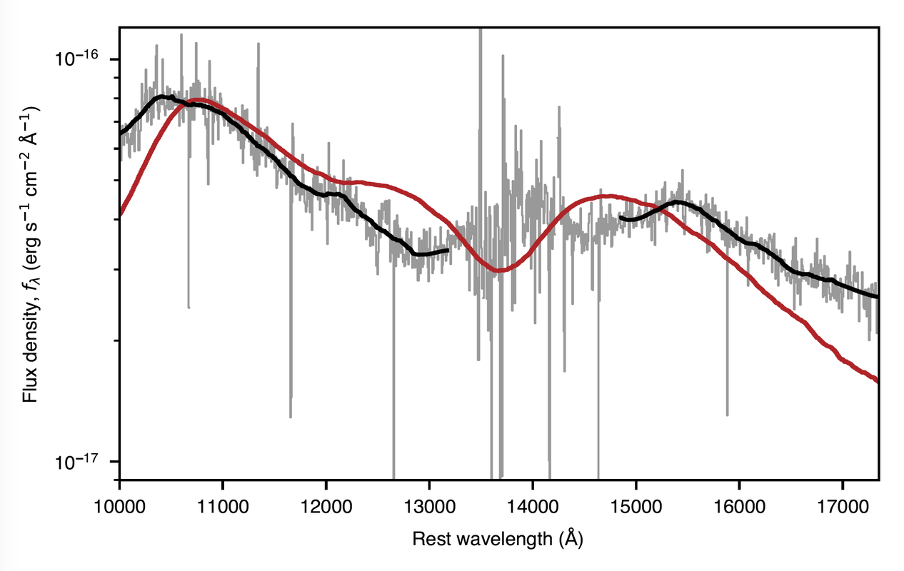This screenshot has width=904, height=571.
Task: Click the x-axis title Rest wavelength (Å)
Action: (498, 537)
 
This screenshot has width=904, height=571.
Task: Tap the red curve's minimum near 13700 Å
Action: (500, 271)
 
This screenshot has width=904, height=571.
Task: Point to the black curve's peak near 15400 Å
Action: (676, 203)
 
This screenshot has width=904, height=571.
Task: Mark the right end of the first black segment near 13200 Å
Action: (448, 250)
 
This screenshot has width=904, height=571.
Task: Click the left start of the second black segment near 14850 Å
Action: (621, 217)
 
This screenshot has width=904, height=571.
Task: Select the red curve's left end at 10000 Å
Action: (120, 213)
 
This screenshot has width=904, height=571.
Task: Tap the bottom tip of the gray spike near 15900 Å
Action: (727, 415)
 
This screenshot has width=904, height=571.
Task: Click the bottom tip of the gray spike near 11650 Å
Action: (291, 417)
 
